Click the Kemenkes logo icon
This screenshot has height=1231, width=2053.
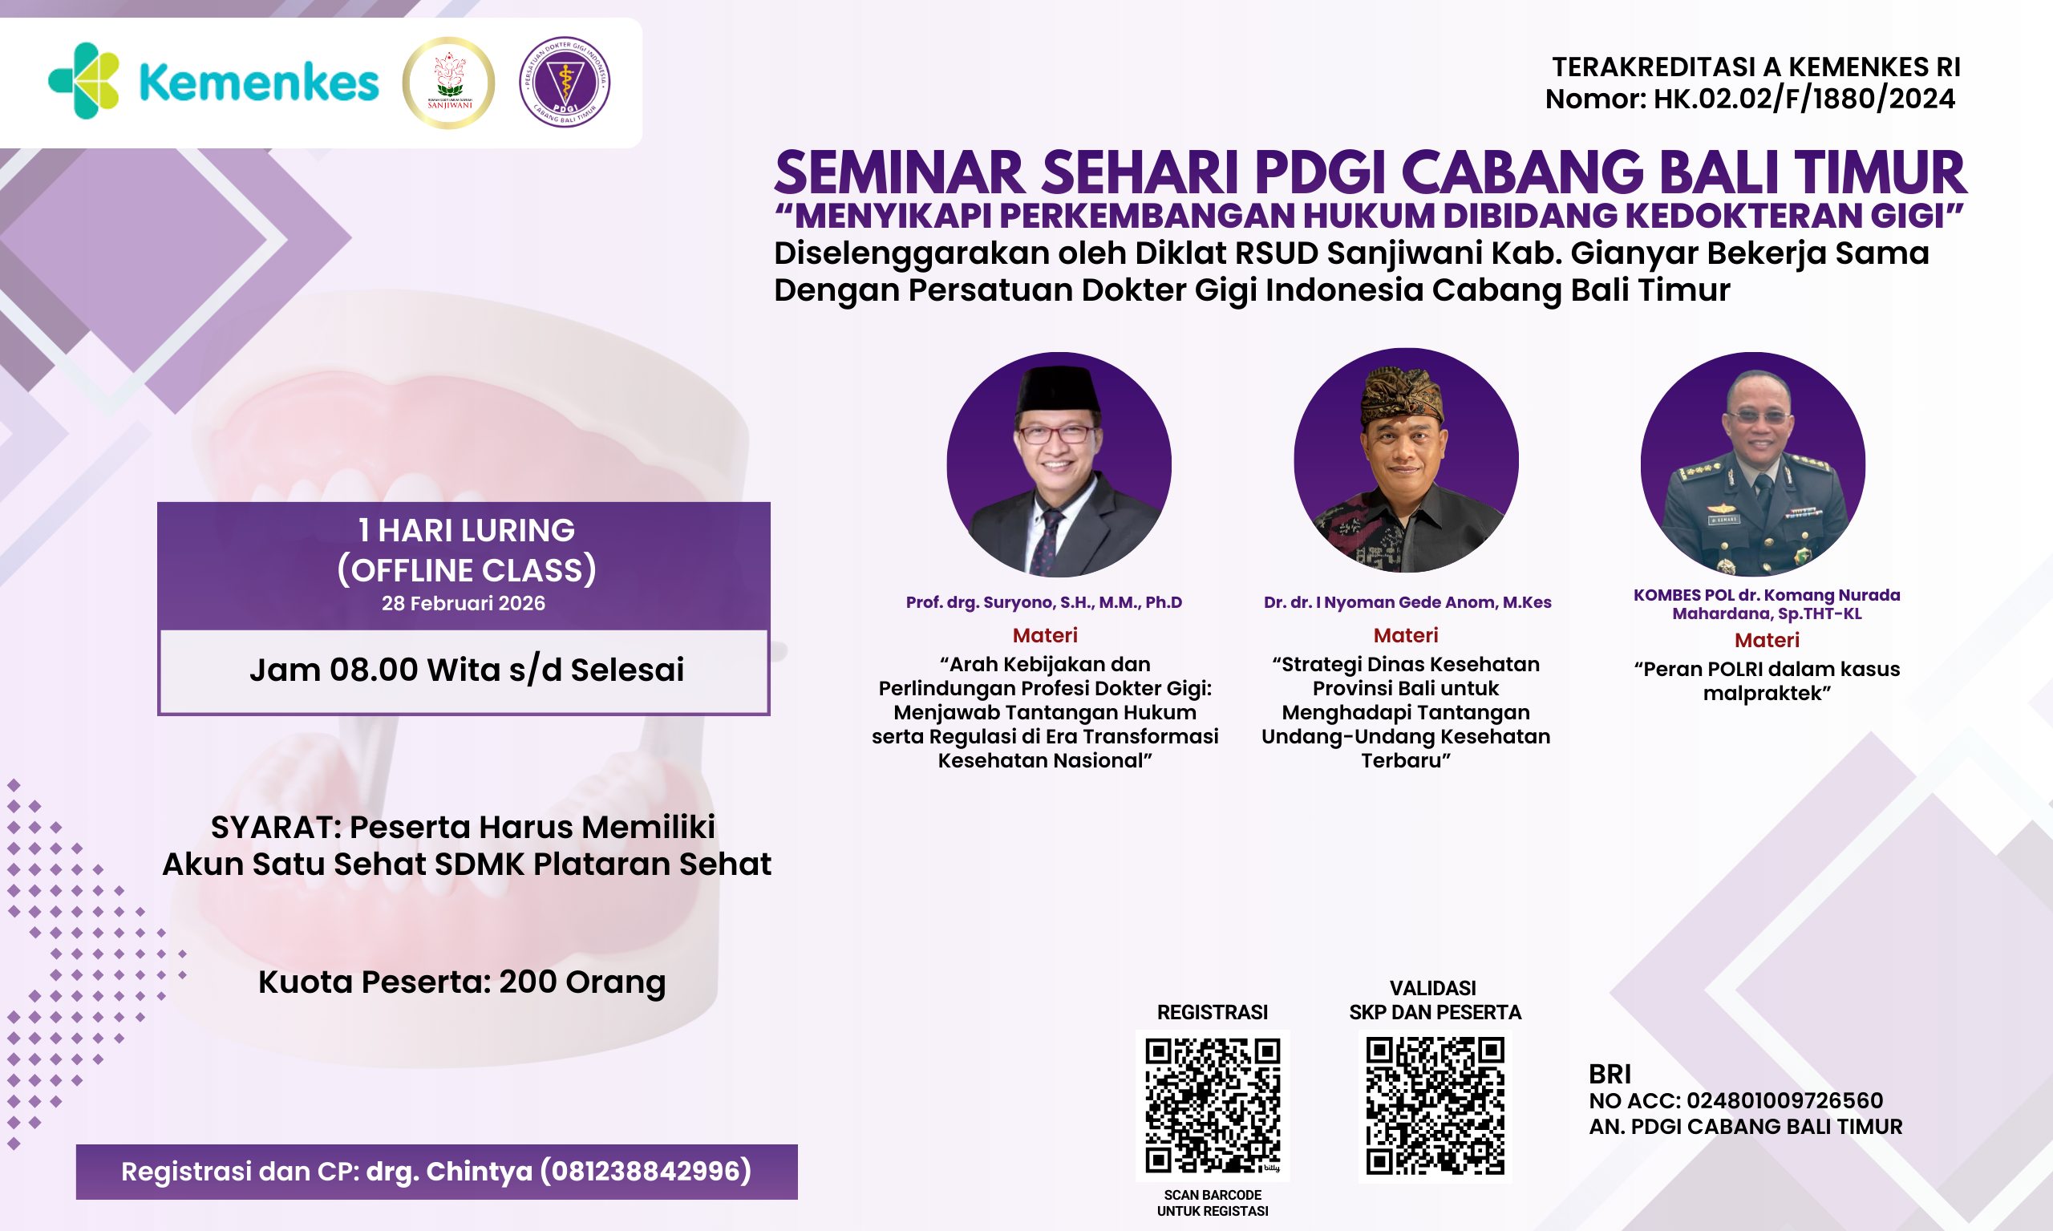tap(83, 81)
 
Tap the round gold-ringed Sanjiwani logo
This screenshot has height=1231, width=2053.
tap(449, 83)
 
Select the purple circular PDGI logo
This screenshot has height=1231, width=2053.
tap(565, 82)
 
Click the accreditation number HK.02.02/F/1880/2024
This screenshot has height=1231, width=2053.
tap(1804, 99)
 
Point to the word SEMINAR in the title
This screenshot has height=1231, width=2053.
tap(899, 173)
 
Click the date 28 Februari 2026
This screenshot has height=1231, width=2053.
tap(463, 603)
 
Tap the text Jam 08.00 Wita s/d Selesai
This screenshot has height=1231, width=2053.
tap(466, 670)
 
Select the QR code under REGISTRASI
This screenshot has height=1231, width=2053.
tap(1213, 1104)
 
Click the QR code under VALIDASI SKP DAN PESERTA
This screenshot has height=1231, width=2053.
tap(1435, 1104)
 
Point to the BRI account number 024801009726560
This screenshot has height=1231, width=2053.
tap(1784, 1101)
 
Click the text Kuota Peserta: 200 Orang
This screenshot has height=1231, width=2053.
tap(462, 982)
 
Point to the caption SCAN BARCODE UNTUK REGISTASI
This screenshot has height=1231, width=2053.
tap(1213, 1203)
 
